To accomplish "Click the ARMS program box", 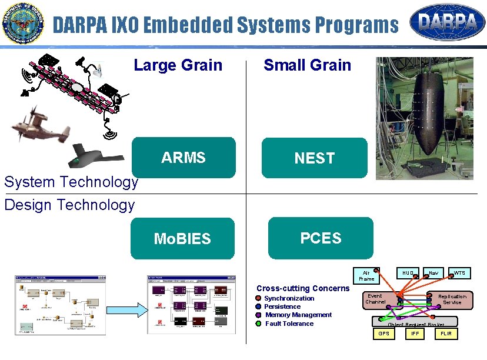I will [x=184, y=158].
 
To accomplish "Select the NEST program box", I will [x=314, y=158].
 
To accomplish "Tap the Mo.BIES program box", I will [x=182, y=238].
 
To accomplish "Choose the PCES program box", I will [x=321, y=238].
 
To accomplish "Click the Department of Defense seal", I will [x=23, y=24].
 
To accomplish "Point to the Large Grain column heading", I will [x=178, y=65].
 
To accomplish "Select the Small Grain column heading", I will [x=307, y=65].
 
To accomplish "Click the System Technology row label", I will [x=71, y=182].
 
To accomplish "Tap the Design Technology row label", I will [x=69, y=205].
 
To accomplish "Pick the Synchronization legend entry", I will [x=289, y=298].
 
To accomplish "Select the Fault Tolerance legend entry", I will [x=289, y=324].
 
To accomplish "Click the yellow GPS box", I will [x=383, y=334].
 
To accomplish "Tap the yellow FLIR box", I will [x=446, y=334].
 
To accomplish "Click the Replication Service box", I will [x=452, y=299].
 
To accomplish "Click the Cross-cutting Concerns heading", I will [x=302, y=288].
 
